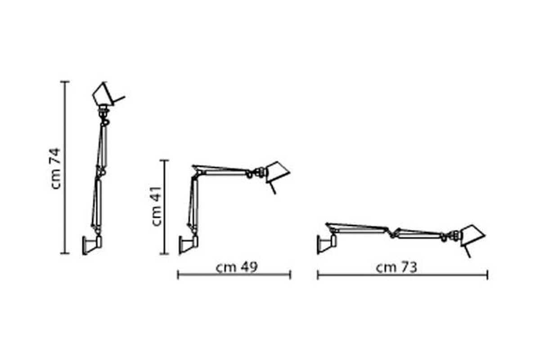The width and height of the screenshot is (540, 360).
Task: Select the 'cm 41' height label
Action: coord(156,207)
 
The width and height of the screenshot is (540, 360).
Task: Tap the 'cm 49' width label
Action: coord(236,267)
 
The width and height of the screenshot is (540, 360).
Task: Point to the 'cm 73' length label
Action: coord(396,267)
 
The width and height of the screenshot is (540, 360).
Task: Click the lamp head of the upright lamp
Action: coord(103,94)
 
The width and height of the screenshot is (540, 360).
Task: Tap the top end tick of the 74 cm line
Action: coord(65,82)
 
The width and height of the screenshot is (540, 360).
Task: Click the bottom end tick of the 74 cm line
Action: coord(65,253)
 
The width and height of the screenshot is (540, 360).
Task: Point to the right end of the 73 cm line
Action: coord(487,274)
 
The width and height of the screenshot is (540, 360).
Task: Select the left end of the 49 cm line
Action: coord(178,274)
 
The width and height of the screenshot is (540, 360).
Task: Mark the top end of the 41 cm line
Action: coord(165,160)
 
